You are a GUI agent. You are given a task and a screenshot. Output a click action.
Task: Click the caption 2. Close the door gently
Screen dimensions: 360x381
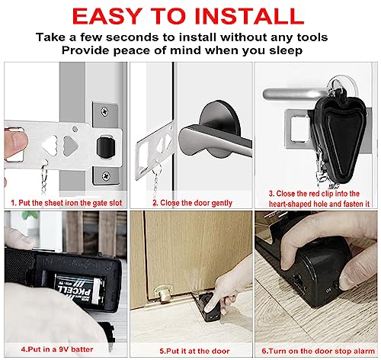tap(187, 204)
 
